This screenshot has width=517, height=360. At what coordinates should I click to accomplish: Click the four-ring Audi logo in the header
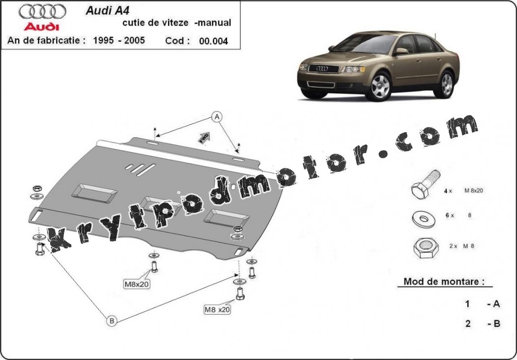[x=42, y=12]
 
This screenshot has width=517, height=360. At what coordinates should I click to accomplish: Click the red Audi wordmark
[x=42, y=27]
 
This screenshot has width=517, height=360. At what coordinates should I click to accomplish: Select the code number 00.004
[x=213, y=41]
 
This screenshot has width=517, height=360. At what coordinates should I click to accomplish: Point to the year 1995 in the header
[x=104, y=40]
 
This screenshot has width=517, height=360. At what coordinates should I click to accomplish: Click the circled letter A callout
[x=217, y=117]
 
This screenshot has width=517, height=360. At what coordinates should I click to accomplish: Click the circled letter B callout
[x=112, y=320]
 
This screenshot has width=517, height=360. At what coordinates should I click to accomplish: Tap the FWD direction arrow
[x=204, y=138]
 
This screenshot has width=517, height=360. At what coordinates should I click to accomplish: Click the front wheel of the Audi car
[x=379, y=87]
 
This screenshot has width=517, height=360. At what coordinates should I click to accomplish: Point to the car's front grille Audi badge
[x=322, y=68]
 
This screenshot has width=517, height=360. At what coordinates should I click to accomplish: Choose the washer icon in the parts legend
[x=423, y=219]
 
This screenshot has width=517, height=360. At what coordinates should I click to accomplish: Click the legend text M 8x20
[x=473, y=190]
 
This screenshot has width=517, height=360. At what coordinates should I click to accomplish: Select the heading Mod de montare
[x=444, y=281]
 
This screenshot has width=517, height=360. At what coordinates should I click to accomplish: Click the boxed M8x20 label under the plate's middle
[x=137, y=284]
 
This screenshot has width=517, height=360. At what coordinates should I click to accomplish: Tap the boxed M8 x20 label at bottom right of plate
[x=217, y=309]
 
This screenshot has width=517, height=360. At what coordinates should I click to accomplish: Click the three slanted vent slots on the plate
[x=140, y=169]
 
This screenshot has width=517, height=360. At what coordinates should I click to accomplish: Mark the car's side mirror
[x=401, y=51]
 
